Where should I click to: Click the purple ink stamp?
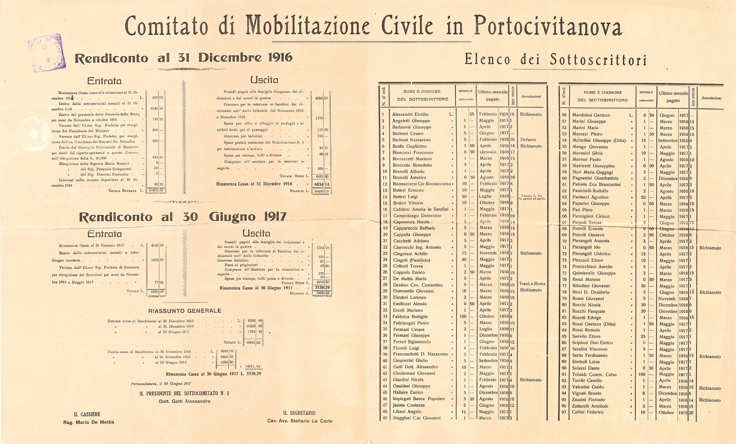[x=47, y=53]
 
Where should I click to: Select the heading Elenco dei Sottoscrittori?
[x=555, y=59]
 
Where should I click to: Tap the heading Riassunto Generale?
[x=185, y=311]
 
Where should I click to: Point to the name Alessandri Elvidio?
[x=410, y=114]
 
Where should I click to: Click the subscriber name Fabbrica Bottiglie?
[x=410, y=316]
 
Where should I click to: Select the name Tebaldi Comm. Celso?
[x=594, y=374]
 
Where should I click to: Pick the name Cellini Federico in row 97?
[x=588, y=412]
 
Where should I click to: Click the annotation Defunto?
[x=528, y=140]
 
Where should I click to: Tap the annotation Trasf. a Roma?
[x=532, y=284]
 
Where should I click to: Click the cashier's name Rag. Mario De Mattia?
[x=89, y=422]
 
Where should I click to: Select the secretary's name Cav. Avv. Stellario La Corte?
[x=300, y=421]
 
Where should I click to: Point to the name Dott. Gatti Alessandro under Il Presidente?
[x=185, y=401]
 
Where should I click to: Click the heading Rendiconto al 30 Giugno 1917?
[x=183, y=217]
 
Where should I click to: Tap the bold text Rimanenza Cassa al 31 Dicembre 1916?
[x=254, y=184]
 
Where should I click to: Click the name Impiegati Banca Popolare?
[x=419, y=399]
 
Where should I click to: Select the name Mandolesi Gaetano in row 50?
[x=591, y=115]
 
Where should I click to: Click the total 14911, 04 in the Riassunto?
[x=252, y=366]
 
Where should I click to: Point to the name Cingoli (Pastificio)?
[x=411, y=260]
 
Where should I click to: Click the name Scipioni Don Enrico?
[x=592, y=343]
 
